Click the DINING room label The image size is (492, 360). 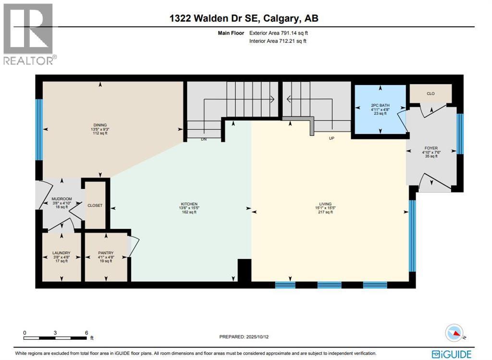[x=100, y=125]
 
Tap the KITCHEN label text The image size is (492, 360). [x=190, y=204]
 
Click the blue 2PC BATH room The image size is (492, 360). [x=380, y=110]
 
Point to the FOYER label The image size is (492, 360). [x=430, y=148]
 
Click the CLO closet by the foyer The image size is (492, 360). [x=430, y=93]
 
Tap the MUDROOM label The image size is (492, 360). [x=61, y=199]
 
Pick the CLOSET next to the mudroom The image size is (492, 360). [x=95, y=205]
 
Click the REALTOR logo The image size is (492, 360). [x=29, y=34]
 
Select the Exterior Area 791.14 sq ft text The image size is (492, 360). [x=281, y=33]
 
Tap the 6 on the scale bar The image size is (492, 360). [x=86, y=333]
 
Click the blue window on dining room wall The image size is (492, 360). [x=39, y=129]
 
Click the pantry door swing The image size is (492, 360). [x=134, y=246]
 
